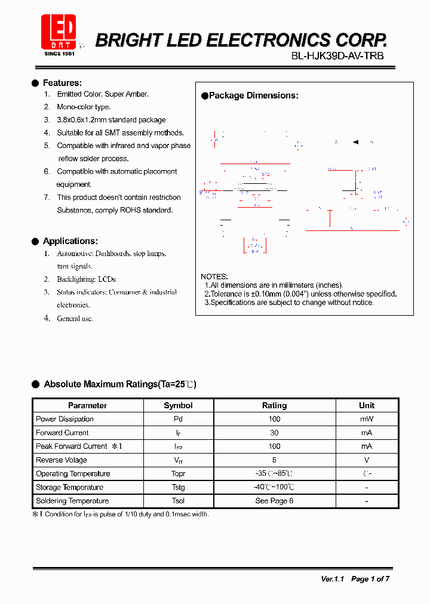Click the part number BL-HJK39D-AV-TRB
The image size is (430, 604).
[x=337, y=56]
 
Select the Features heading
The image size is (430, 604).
[x=62, y=83]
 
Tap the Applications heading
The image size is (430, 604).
[x=70, y=241]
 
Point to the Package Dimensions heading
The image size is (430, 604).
[x=253, y=95]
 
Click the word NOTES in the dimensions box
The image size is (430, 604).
[x=214, y=277]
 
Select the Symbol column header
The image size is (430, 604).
[x=178, y=405]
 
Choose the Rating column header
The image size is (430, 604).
[x=274, y=405]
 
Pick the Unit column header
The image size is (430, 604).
[x=367, y=405]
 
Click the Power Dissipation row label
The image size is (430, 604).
[x=64, y=419]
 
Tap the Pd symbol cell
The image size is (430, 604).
[x=178, y=419]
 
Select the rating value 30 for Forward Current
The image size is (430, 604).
[x=274, y=433]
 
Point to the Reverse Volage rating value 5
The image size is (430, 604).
[x=274, y=460]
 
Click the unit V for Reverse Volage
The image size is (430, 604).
[x=367, y=460]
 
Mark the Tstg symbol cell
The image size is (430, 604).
[x=178, y=488]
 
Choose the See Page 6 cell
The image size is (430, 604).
[x=274, y=501]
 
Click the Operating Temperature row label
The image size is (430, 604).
[x=73, y=474]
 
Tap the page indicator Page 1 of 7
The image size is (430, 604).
[x=370, y=579]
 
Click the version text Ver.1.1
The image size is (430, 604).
[x=333, y=579]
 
